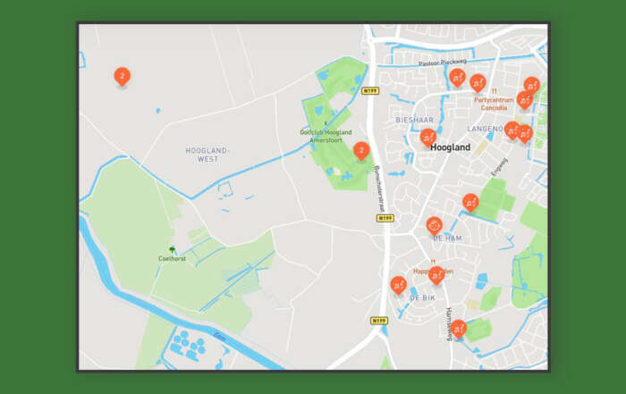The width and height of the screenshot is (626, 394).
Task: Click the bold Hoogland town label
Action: (x=450, y=147)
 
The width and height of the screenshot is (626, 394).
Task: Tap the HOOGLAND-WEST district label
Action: (x=202, y=155)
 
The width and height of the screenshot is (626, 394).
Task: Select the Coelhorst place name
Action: (x=172, y=259)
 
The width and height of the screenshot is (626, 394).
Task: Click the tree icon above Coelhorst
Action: (x=173, y=249)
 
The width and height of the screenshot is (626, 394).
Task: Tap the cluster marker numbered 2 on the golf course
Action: (x=360, y=150)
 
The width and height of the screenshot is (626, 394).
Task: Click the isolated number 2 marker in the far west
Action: (x=123, y=77)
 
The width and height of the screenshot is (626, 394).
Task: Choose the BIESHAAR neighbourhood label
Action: (x=414, y=119)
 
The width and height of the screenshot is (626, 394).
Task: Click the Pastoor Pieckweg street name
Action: (x=443, y=63)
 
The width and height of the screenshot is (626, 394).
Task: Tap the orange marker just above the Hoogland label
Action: (x=428, y=137)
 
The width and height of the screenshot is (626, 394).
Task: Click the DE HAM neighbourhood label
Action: (x=446, y=238)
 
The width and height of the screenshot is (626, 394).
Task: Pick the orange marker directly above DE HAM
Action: (x=435, y=223)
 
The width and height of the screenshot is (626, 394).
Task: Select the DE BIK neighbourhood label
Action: (x=422, y=297)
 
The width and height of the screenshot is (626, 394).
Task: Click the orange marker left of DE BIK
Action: (x=398, y=285)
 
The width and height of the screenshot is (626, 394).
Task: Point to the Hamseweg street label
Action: (x=449, y=323)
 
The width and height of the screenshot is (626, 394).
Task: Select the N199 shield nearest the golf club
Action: (x=371, y=91)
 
